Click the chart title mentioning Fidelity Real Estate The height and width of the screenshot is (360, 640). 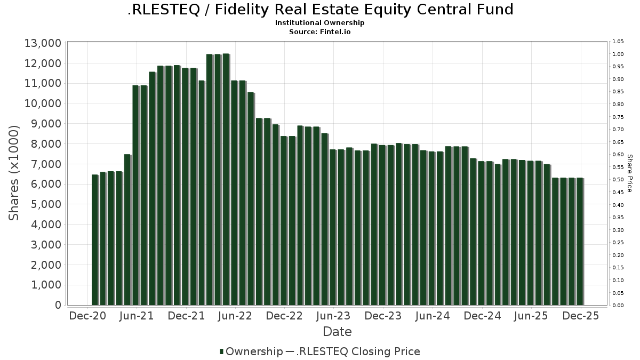coord(320,10)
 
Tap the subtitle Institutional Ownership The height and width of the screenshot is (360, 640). coord(320,23)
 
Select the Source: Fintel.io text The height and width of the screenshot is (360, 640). coord(320,32)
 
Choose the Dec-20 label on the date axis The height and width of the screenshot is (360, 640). coord(88,316)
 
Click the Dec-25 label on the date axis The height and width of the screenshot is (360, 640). coord(580,316)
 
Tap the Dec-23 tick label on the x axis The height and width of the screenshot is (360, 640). coord(383,316)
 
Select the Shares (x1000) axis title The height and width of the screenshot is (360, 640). coord(14,173)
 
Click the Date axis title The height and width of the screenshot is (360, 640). coord(337,332)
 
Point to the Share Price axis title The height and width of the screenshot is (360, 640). coord(629,173)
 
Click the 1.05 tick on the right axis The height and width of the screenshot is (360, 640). coord(618,42)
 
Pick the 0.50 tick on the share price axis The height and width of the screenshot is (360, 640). coord(618,180)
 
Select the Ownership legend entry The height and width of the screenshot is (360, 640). coord(254,351)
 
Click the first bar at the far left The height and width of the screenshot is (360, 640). coord(95,239)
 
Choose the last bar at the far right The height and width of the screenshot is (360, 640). coord(580,241)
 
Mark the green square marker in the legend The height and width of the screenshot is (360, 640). coord(221,351)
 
